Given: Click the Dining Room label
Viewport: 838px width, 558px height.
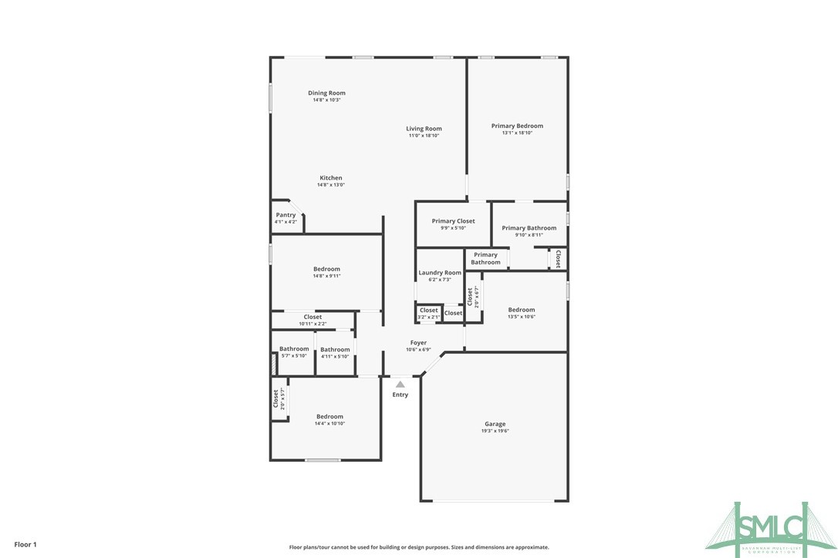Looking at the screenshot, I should (326, 93).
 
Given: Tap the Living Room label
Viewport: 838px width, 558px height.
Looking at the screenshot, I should (424, 129).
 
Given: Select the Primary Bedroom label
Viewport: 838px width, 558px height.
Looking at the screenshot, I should (517, 126).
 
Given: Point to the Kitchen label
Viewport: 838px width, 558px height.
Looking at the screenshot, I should (331, 178).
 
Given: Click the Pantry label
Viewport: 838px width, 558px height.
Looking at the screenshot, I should (286, 215).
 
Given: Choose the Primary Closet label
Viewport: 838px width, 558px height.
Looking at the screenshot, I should (453, 221).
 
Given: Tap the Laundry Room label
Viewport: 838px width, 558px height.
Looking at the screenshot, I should (440, 273).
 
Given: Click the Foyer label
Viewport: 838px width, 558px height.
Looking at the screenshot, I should (418, 343).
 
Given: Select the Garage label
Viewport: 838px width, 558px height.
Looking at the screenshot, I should (495, 424).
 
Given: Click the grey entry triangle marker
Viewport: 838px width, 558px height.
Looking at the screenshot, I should (400, 383).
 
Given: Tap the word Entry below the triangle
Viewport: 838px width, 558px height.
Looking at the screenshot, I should (400, 395).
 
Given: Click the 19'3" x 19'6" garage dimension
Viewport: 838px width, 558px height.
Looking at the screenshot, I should (495, 431).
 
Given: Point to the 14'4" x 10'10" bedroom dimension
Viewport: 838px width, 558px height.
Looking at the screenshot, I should (329, 423).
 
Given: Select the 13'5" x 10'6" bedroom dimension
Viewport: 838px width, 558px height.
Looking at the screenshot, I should (521, 317).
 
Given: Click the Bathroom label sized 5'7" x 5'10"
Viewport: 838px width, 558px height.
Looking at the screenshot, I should (294, 349).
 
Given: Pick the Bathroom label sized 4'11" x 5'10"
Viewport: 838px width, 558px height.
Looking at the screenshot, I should (335, 350).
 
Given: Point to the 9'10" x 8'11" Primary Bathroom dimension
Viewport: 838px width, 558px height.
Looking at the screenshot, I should (529, 235).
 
